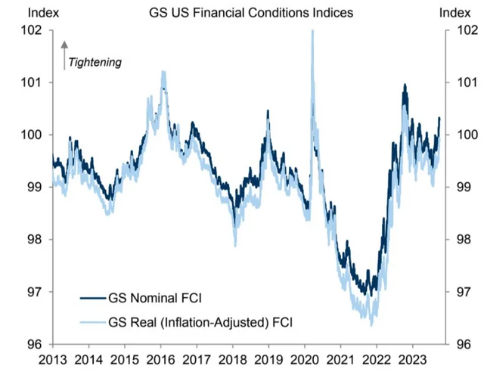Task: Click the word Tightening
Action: click(94, 62)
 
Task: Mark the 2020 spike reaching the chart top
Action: click(312, 33)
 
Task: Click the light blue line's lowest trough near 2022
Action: click(371, 324)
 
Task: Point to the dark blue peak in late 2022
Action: click(405, 86)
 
